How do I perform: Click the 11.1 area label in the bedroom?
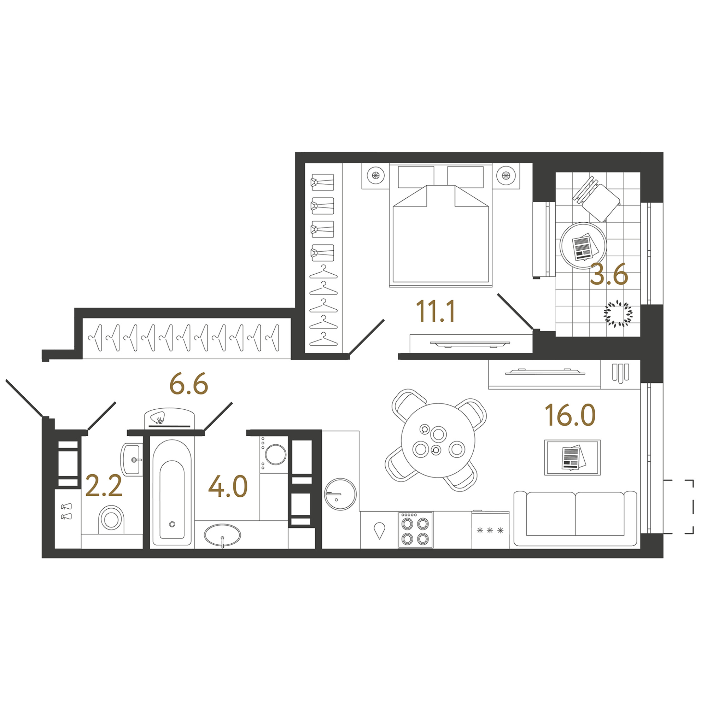pyautogui.click(x=435, y=311)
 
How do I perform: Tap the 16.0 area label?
pyautogui.click(x=570, y=415)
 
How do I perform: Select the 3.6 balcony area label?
pyautogui.click(x=609, y=273)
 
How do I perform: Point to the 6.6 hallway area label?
pyautogui.click(x=189, y=383)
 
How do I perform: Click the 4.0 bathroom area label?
pyautogui.click(x=228, y=486)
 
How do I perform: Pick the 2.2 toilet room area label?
pyautogui.click(x=104, y=486)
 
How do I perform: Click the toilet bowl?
pyautogui.click(x=111, y=519)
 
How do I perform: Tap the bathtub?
pyautogui.click(x=172, y=492)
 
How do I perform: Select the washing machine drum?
pyautogui.click(x=276, y=455)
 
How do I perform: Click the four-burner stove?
pyautogui.click(x=415, y=530)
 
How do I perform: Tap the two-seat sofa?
pyautogui.click(x=575, y=519)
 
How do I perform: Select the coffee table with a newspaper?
pyautogui.click(x=573, y=457)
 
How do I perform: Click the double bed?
pyautogui.click(x=440, y=225)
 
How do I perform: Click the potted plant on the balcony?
pyautogui.click(x=618, y=313)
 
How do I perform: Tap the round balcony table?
pyautogui.click(x=583, y=246)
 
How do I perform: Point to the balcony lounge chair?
pyautogui.click(x=596, y=199)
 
